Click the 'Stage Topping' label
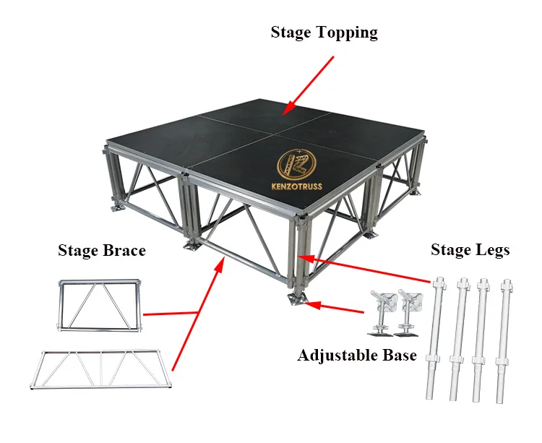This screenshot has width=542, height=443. [324, 33]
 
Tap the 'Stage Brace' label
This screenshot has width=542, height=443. [102, 251]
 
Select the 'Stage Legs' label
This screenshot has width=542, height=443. [470, 250]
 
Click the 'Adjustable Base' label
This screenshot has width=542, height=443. [357, 356]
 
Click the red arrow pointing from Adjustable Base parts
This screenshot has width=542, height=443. [336, 309]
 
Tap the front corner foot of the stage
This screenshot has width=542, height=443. [296, 298]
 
